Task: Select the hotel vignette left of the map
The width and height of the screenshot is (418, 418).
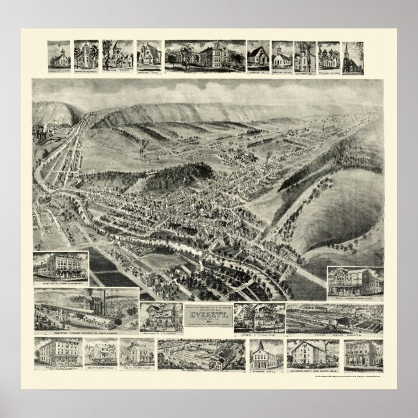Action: [x=60, y=267]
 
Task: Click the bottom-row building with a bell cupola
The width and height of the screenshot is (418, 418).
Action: [x=266, y=354]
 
